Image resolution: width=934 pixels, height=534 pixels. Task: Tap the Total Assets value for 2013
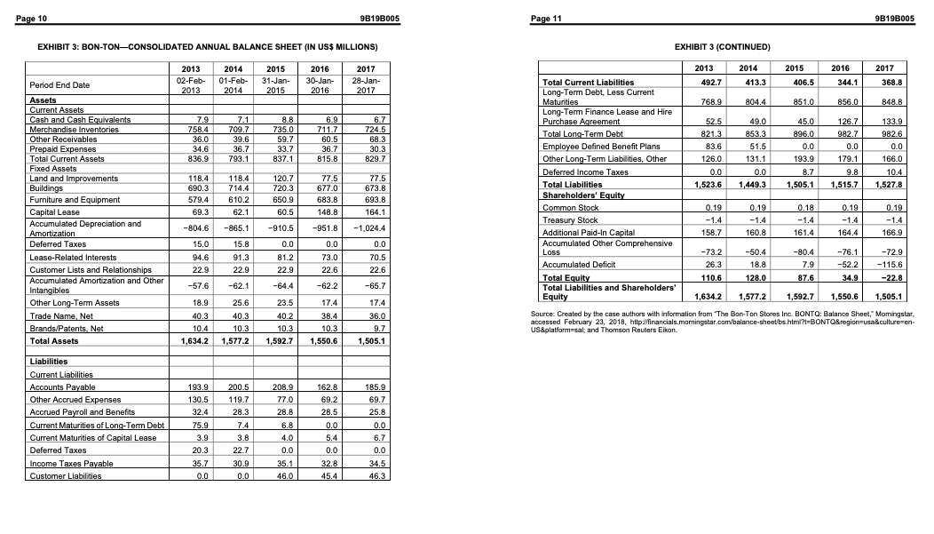(x=189, y=341)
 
